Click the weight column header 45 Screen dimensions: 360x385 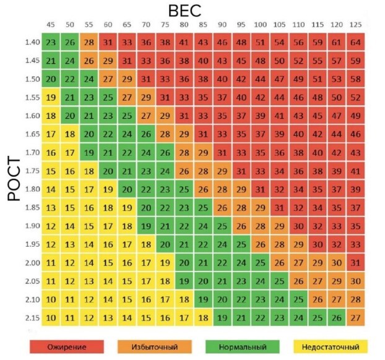[51, 25]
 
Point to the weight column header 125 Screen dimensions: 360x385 [356, 25]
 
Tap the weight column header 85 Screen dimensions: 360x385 [203, 25]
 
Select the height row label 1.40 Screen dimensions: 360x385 [32, 43]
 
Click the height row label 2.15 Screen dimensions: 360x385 [32, 318]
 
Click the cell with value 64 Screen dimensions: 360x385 [356, 43]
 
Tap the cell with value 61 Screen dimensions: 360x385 [337, 43]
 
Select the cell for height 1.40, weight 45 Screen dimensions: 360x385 [51, 43]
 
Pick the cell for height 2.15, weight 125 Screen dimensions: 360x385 [356, 318]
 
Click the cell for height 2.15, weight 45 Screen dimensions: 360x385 [51, 318]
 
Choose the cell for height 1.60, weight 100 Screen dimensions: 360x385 [261, 116]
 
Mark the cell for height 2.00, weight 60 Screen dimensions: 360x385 [108, 263]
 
